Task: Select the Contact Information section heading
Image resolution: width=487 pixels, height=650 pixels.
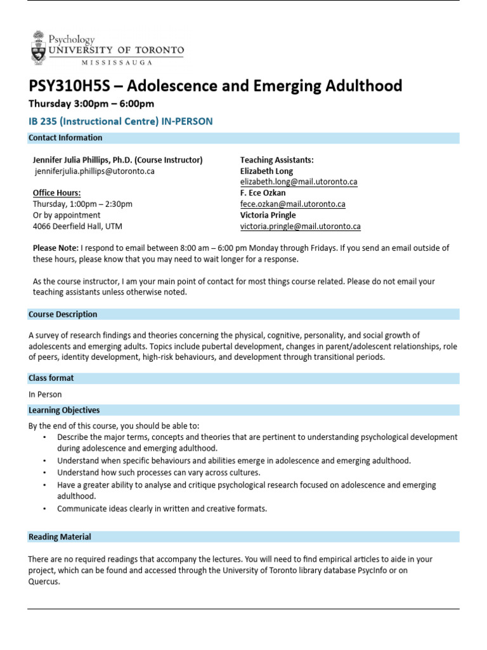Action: (65, 138)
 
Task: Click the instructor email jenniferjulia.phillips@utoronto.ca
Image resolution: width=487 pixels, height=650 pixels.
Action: (94, 171)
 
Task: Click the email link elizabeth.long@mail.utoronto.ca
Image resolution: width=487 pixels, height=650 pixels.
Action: (298, 182)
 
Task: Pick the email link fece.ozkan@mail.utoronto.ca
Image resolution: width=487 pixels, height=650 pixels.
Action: (292, 204)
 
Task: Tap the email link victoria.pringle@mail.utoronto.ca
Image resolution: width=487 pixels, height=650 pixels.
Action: (300, 226)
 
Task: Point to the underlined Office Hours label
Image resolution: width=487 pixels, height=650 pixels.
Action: (56, 193)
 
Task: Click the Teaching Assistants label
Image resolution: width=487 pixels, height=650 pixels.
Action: (276, 160)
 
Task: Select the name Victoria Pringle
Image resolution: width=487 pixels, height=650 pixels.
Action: (268, 215)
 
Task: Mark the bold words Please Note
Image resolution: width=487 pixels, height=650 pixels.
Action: (56, 248)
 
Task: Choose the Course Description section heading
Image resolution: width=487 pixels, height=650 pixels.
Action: (63, 314)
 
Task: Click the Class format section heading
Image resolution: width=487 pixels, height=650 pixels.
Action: (51, 378)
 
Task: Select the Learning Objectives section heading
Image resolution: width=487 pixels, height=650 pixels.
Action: (64, 410)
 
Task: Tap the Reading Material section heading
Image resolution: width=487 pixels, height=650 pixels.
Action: (60, 537)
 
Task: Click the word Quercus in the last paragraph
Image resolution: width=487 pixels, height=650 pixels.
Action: (44, 581)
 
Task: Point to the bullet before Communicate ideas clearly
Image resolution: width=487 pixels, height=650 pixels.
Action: (44, 508)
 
